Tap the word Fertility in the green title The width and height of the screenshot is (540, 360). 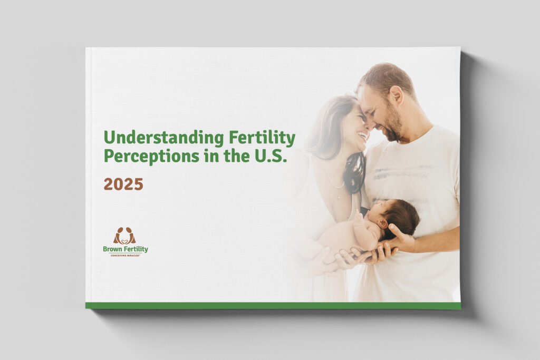(262, 138)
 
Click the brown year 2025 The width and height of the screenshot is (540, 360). (123, 184)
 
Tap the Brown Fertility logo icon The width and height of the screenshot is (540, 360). (125, 236)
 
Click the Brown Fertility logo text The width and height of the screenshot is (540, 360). (126, 249)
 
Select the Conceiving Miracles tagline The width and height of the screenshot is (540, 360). (126, 254)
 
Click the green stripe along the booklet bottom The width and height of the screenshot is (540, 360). (273, 305)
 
